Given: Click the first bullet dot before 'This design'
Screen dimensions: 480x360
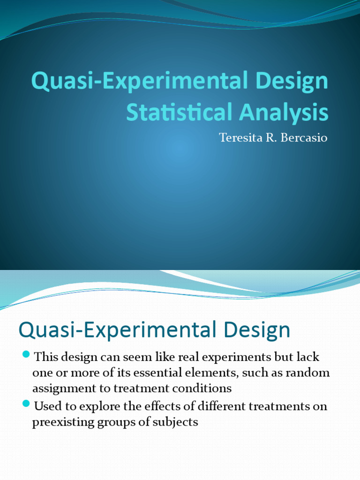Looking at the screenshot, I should coord(26,353).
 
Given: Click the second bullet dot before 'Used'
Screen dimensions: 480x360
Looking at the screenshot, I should coord(26,403).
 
